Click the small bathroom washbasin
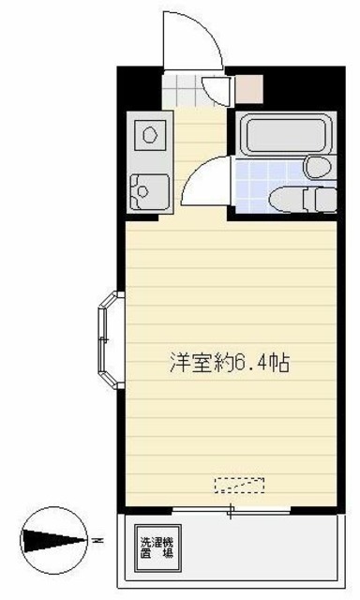(x=317, y=167)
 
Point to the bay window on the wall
(x=109, y=341)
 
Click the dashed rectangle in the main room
(x=239, y=485)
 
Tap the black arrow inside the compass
(x=47, y=541)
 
